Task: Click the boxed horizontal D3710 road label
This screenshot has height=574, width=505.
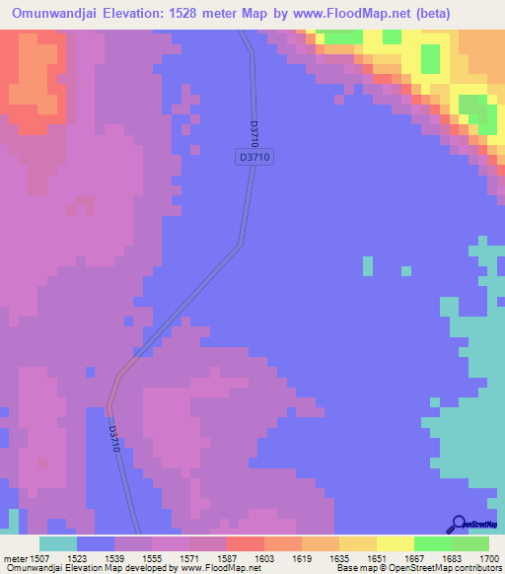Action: pyautogui.click(x=253, y=156)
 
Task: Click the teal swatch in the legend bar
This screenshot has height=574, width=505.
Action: pyautogui.click(x=58, y=543)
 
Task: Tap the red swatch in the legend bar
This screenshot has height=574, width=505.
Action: pyautogui.click(x=246, y=543)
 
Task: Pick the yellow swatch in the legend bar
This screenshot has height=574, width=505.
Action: pyautogui.click(x=396, y=543)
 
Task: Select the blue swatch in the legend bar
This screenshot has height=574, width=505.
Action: pyautogui.click(x=96, y=543)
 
